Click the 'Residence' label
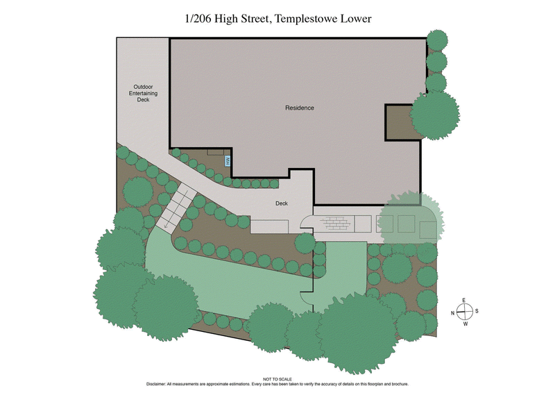[300, 108]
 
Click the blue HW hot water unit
[226, 160]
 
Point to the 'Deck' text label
[282, 203]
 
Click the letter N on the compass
[453, 313]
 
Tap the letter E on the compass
[465, 300]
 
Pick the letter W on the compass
[466, 324]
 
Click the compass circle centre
[466, 311]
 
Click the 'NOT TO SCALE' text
[277, 379]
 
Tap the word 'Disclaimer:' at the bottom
[160, 384]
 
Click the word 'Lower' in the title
[355, 19]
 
